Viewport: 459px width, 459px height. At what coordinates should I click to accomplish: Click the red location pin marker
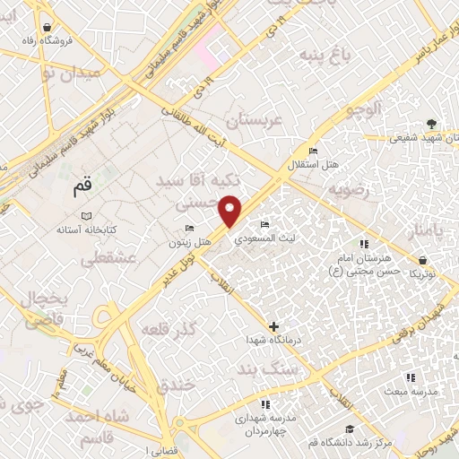(232, 210)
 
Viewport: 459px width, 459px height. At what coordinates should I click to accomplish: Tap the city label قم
(83, 190)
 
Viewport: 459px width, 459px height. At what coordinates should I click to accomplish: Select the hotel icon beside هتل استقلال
(312, 150)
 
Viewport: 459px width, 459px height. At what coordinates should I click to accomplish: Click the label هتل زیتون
(191, 243)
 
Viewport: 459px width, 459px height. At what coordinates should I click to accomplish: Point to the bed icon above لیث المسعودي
(264, 224)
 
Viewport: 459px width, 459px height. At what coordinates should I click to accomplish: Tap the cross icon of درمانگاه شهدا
(273, 326)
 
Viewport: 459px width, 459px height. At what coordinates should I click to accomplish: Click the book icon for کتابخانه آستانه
(86, 216)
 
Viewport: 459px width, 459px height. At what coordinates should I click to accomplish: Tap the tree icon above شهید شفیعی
(433, 124)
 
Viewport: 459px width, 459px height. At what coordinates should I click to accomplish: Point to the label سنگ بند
(267, 368)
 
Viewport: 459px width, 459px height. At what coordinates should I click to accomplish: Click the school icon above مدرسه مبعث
(411, 378)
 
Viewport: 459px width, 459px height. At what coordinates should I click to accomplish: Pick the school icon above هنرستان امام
(363, 244)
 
